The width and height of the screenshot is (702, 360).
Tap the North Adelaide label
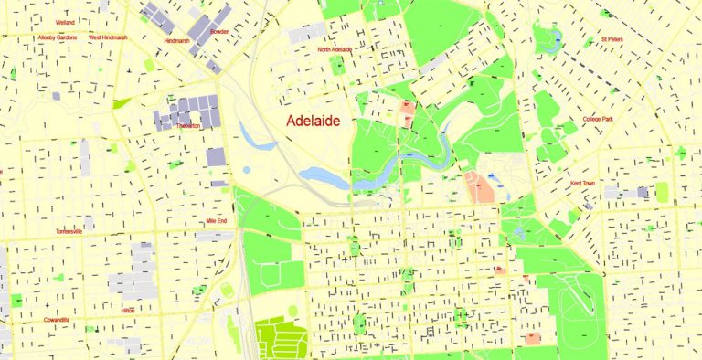coord(335,49)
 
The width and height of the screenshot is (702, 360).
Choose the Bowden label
coord(219,32)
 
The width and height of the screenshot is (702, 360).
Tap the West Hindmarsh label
coord(107,37)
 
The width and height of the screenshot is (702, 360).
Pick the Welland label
coord(65,21)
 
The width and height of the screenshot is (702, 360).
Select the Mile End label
coord(217,221)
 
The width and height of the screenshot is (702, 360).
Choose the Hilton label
coord(128,311)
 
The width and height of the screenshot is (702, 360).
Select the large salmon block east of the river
coord(481,186)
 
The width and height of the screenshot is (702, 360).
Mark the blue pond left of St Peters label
coord(551,39)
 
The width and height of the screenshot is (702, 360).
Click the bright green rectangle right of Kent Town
coord(661,192)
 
